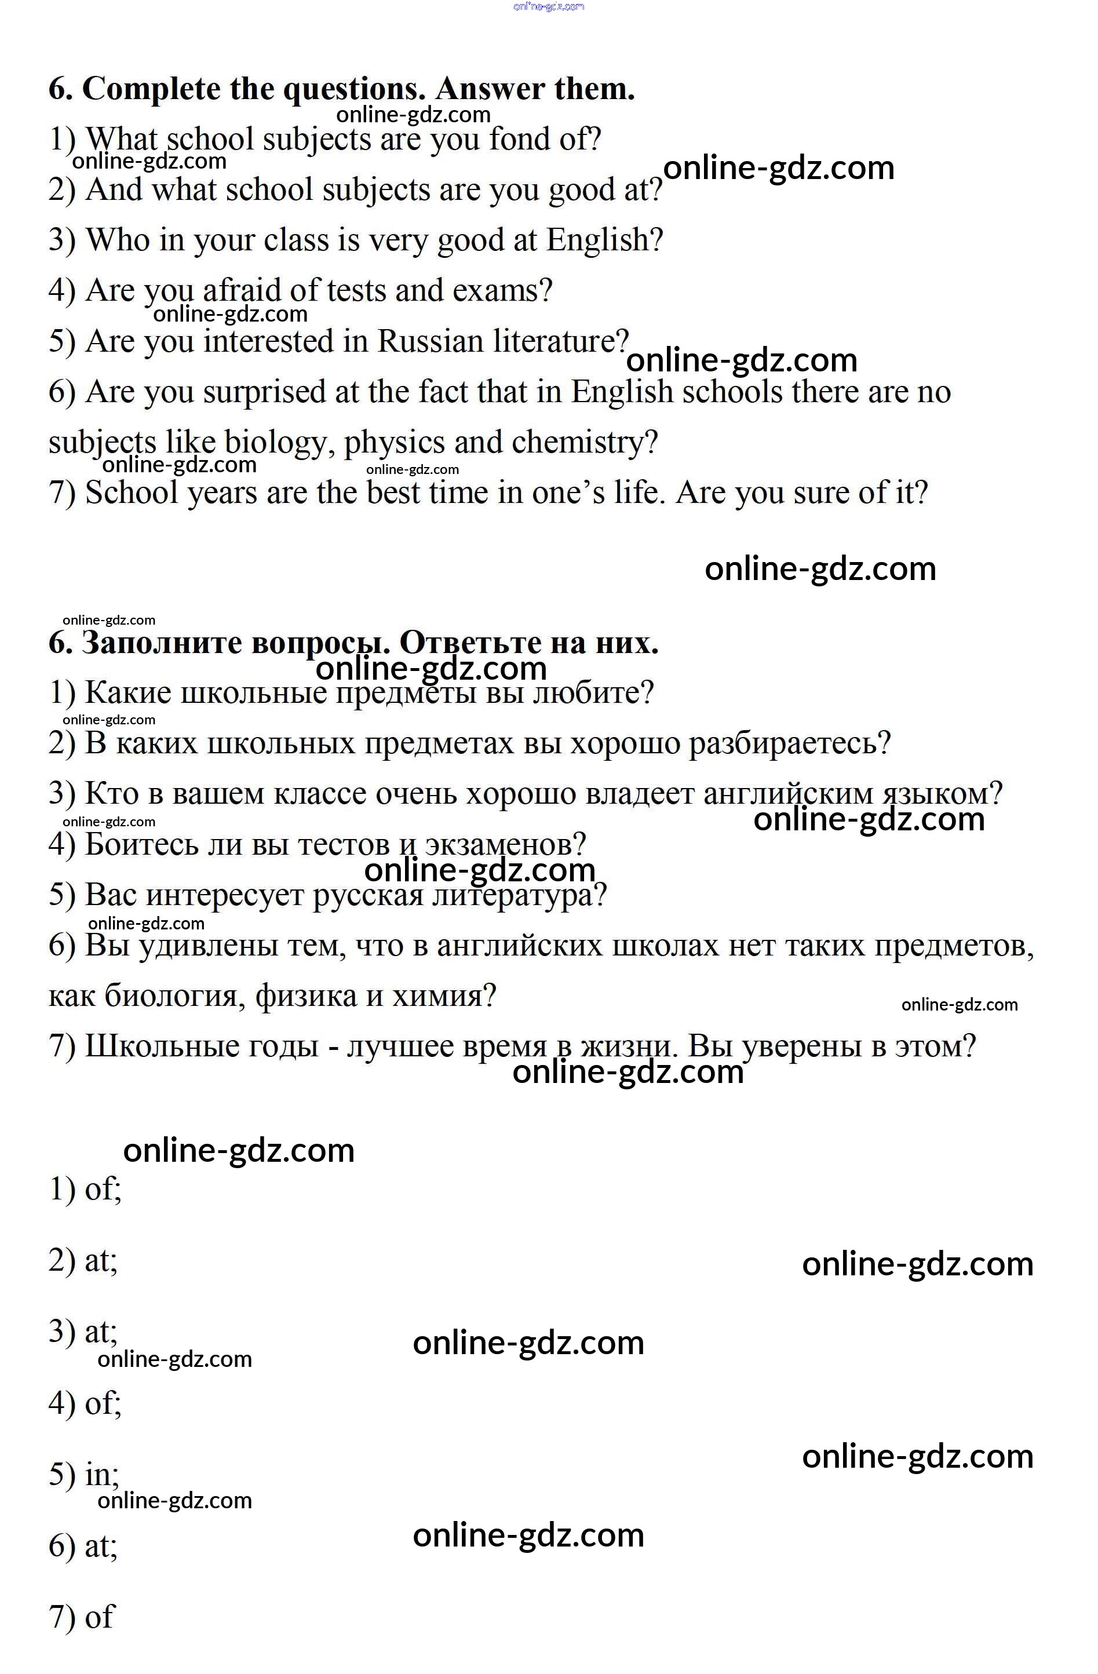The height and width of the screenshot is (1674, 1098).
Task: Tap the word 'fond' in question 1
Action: coord(520,139)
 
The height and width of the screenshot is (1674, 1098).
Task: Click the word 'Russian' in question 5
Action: coord(431,341)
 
